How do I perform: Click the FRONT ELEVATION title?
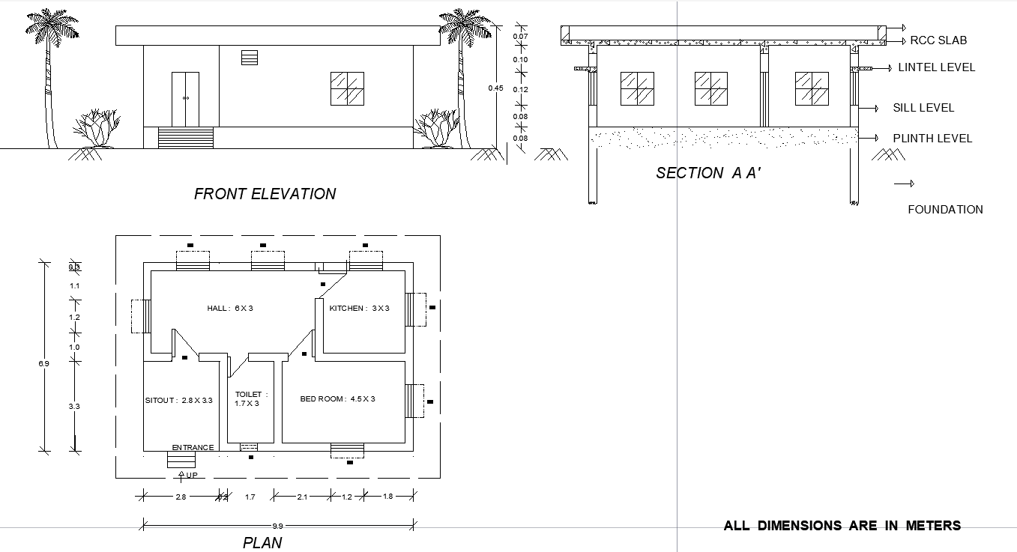265,194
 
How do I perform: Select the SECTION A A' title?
708,173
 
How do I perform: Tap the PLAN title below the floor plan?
262,543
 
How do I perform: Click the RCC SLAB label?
938,40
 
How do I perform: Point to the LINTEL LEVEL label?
936,67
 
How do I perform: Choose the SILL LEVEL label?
923,108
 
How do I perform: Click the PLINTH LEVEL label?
932,139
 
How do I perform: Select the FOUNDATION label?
945,210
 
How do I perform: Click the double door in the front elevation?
185,100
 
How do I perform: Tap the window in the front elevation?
347,88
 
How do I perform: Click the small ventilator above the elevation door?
249,58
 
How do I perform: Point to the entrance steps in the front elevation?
185,138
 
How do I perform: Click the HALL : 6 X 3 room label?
230,308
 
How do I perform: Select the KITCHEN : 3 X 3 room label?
359,308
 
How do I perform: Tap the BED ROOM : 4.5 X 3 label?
337,399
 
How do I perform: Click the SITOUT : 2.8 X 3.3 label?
179,401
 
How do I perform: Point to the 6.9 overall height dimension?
43,363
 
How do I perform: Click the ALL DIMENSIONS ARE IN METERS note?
842,526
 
